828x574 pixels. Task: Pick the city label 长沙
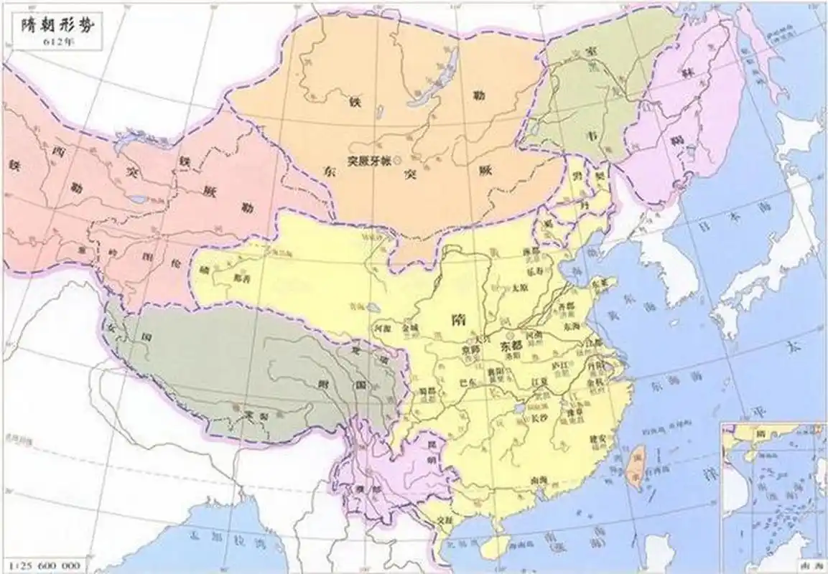[x=539, y=414]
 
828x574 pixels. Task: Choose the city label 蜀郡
[x=429, y=391]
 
